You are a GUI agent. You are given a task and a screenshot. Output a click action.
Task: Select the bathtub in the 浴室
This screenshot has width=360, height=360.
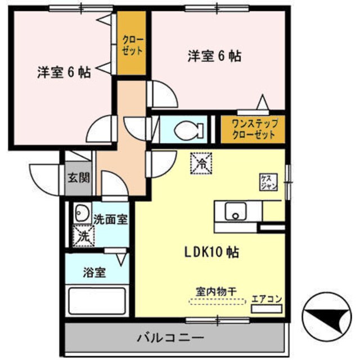97,301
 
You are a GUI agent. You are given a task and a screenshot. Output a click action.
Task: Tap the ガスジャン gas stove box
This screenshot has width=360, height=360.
268,182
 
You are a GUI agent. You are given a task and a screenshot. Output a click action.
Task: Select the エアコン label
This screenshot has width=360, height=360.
267,298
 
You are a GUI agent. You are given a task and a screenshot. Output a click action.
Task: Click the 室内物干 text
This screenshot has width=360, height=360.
217,291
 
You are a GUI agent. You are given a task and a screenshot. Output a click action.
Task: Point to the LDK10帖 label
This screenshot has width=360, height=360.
210,253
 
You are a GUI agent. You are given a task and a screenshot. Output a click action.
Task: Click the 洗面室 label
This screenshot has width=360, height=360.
110,219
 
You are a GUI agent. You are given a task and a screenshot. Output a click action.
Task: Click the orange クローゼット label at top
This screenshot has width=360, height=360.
133,45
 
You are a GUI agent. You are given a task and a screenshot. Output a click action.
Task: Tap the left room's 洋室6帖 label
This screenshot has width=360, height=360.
64,73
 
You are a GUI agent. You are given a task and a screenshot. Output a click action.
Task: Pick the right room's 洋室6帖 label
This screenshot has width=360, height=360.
214,56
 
